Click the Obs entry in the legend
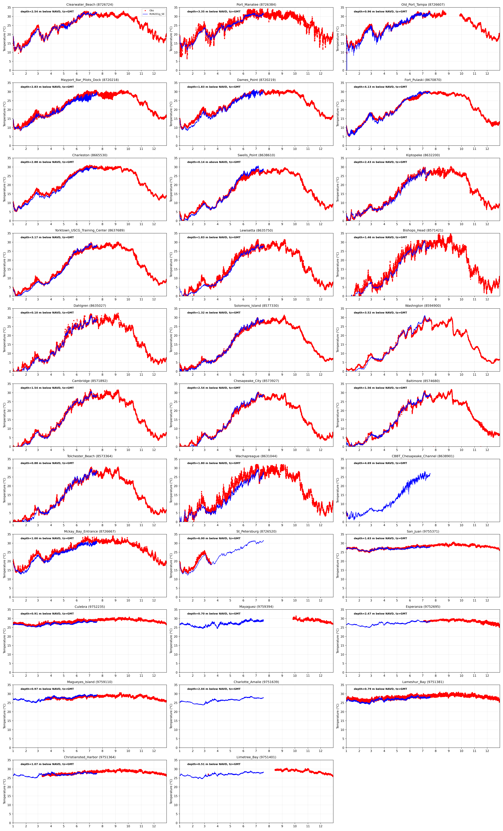pos(152,10)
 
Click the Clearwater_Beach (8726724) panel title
pos(90,5)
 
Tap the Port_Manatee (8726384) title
pos(256,5)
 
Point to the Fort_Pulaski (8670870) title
pos(423,80)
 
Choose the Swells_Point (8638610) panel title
pos(256,155)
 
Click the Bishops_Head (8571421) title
pos(423,230)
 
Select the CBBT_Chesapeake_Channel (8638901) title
pos(423,456)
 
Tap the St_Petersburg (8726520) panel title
pos(256,531)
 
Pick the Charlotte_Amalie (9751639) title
pos(256,682)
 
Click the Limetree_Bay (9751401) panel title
pos(256,757)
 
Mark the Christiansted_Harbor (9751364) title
pos(90,757)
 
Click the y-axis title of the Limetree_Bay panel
pos(171,791)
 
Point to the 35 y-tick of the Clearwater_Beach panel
pos(9,7)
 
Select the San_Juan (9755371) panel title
pos(423,531)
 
